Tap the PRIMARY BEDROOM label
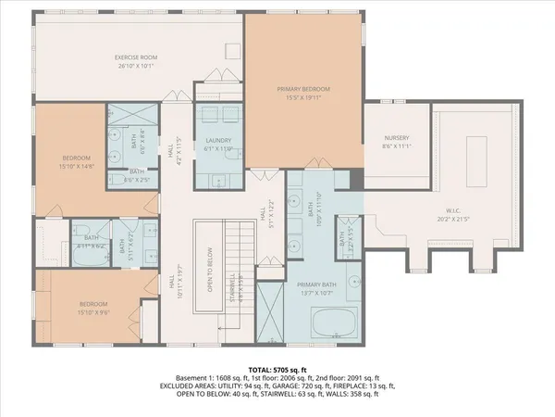(303, 88)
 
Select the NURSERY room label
(396, 138)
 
